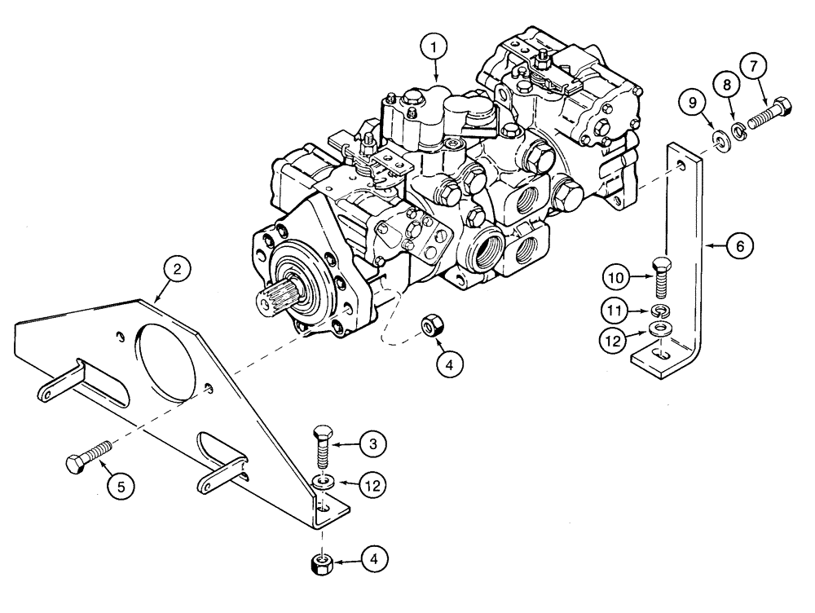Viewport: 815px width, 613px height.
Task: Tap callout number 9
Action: click(x=693, y=103)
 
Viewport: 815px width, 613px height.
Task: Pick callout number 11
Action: click(x=616, y=309)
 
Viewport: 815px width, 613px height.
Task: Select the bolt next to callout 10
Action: click(x=661, y=280)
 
